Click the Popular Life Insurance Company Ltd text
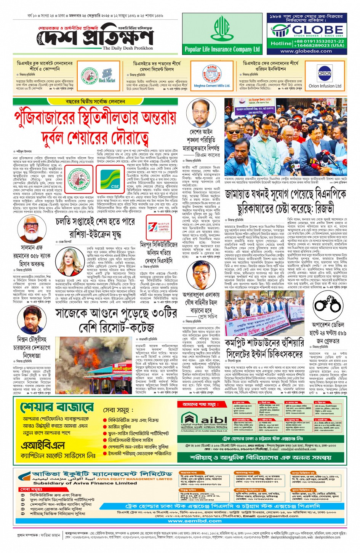click(222, 49)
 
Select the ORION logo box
click(325, 74)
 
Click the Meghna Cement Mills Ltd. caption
click(212, 86)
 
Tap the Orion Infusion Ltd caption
click(325, 86)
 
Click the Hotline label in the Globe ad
click(281, 43)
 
